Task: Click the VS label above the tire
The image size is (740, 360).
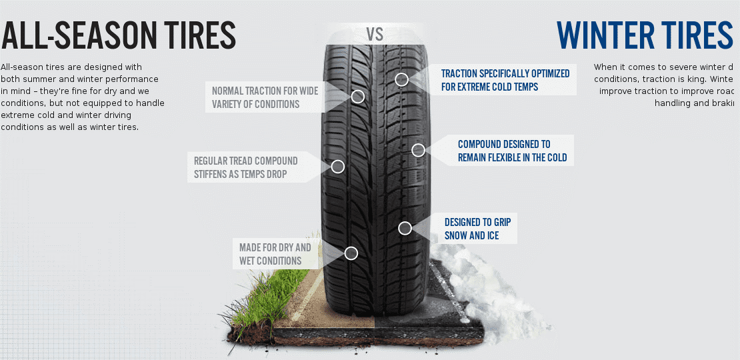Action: tap(375, 35)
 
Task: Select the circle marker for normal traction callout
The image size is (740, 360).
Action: tap(358, 97)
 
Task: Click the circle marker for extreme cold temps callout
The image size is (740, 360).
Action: tap(401, 80)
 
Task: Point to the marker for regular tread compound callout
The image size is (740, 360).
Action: tap(338, 167)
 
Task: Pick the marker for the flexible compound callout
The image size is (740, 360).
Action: tap(418, 150)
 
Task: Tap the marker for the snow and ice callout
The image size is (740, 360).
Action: tap(405, 228)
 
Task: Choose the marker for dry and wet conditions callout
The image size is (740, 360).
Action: tap(351, 253)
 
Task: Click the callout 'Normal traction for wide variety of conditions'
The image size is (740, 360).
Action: tap(265, 97)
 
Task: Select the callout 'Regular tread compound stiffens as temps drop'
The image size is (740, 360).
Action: tap(245, 167)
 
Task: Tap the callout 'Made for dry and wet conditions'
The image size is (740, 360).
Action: tap(275, 254)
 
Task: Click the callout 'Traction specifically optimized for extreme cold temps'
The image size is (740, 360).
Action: tap(505, 80)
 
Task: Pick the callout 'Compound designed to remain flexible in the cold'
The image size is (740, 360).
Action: tap(511, 151)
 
